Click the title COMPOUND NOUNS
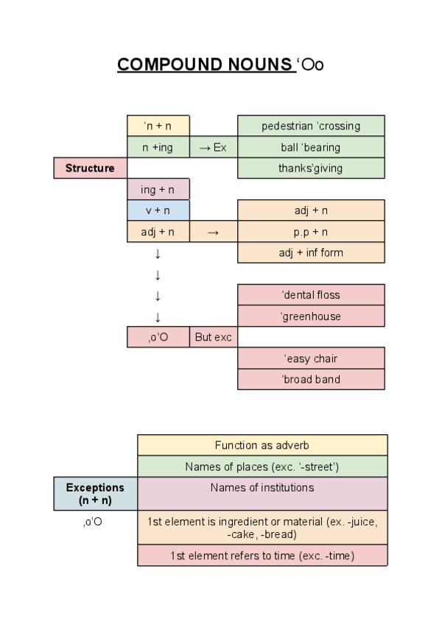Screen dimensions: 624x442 [x=205, y=65]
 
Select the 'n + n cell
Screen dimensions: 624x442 [x=158, y=126]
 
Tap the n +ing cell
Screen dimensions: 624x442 [x=158, y=147]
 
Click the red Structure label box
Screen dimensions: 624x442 [x=90, y=168]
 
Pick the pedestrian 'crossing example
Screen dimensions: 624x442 [x=311, y=126]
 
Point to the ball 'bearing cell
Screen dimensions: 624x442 [x=311, y=147]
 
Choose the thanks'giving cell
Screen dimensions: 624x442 [x=311, y=168]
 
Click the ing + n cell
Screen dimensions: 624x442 [x=158, y=189]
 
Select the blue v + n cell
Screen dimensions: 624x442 [x=158, y=210]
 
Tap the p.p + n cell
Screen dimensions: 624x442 [x=311, y=232]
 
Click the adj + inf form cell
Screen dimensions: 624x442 [x=311, y=252]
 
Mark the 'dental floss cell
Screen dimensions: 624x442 [x=311, y=295]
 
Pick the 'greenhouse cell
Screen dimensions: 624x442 [x=311, y=316]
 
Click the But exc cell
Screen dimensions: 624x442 [x=213, y=338]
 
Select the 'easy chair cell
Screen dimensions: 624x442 [x=311, y=358]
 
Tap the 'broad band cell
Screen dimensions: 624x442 [x=311, y=380]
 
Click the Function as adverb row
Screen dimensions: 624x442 [x=262, y=445]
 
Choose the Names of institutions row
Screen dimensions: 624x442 [x=262, y=488]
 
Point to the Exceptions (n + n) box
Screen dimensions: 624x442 [x=95, y=493]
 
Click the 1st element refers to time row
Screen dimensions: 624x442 [x=262, y=556]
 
